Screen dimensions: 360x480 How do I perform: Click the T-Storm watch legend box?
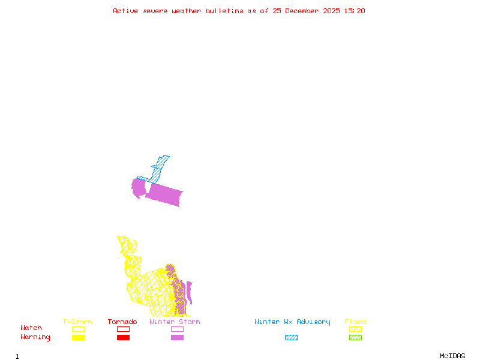78,329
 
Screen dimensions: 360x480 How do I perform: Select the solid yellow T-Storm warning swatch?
78,337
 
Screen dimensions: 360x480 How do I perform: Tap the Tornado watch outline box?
123,329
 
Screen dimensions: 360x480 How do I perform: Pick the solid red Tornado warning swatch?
123,337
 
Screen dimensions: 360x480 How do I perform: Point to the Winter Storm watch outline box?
177,329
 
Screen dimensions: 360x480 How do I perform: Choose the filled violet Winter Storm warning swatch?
177,337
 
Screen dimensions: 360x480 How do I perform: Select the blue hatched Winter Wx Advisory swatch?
291,337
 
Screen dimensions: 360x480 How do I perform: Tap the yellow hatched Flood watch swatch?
355,329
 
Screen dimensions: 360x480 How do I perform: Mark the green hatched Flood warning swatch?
355,337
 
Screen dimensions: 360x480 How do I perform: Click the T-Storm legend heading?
77,322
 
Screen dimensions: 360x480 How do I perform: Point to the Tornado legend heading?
122,322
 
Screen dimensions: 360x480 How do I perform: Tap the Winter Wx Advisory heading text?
292,322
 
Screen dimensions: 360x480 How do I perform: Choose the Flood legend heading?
355,322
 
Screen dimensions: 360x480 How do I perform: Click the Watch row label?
31,328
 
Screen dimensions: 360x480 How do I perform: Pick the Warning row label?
35,337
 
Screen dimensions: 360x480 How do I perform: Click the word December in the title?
305,11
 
